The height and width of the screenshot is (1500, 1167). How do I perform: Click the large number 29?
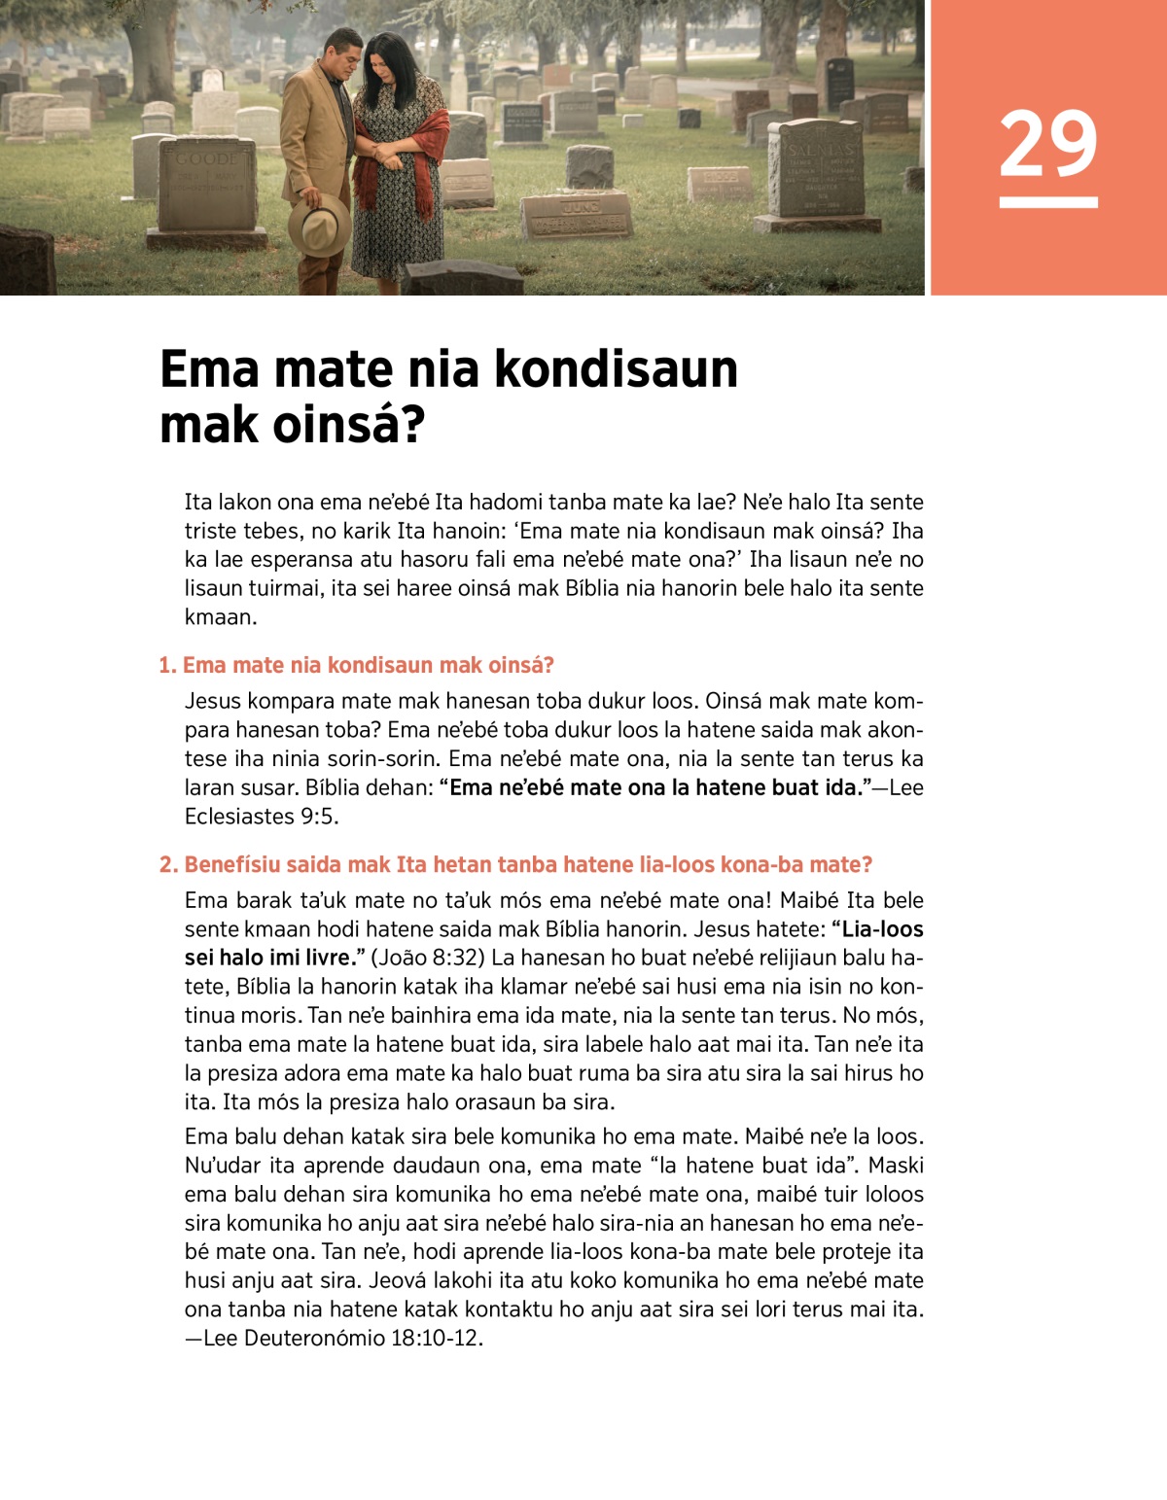click(x=1047, y=144)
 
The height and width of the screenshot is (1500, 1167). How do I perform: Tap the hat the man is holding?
click(x=318, y=225)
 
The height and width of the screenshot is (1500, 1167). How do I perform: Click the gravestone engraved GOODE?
click(x=206, y=184)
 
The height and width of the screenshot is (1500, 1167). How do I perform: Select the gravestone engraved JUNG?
click(x=577, y=215)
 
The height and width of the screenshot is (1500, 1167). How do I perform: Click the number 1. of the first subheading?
click(x=168, y=666)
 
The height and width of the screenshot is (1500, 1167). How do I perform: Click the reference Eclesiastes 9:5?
click(x=262, y=817)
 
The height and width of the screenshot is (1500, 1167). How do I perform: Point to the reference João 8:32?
click(x=428, y=959)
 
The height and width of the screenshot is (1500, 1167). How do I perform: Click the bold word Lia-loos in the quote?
click(x=882, y=929)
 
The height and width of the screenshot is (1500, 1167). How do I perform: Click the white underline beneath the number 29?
click(x=1047, y=203)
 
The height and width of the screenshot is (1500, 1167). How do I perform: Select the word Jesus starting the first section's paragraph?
click(x=213, y=702)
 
